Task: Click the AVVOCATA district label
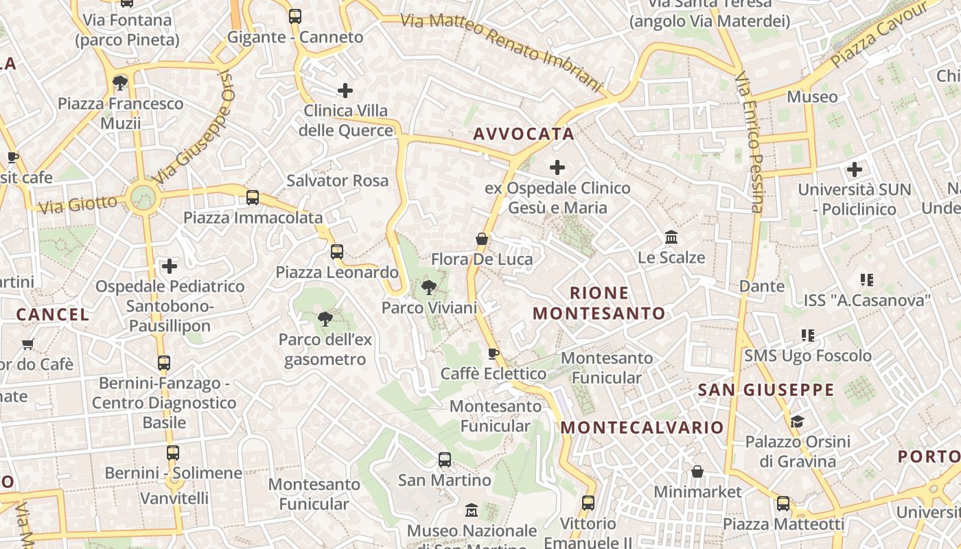click(523, 134)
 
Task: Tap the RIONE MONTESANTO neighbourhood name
click(599, 303)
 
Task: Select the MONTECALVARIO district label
click(642, 428)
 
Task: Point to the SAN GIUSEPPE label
click(765, 390)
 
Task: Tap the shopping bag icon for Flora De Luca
click(482, 239)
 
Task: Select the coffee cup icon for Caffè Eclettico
click(493, 353)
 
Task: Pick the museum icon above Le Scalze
click(671, 237)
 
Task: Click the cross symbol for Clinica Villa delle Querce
click(345, 90)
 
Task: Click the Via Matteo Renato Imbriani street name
click(501, 51)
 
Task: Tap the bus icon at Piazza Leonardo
click(336, 251)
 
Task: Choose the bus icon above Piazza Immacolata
click(253, 198)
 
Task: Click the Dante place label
click(761, 285)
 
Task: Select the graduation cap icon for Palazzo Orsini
click(797, 421)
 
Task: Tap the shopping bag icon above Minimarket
click(697, 471)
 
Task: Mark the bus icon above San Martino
click(445, 460)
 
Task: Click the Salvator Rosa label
click(337, 180)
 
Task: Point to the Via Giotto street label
click(78, 204)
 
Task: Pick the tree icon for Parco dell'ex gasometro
click(325, 318)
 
